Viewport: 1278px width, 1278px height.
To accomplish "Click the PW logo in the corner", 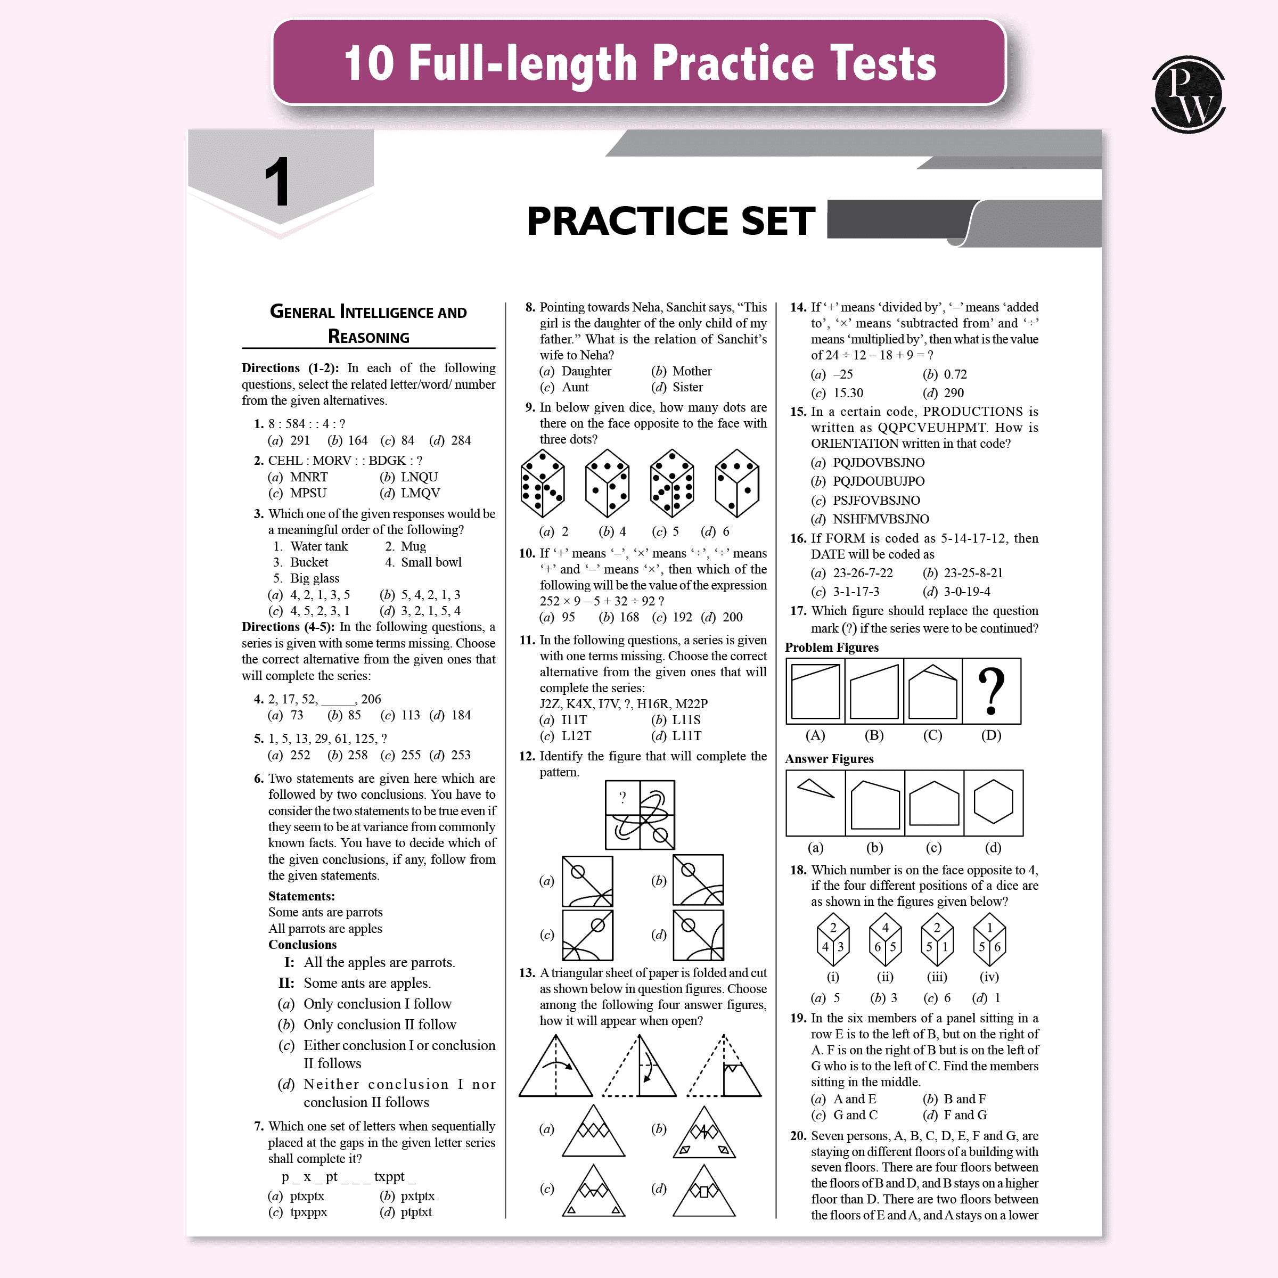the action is [1188, 95].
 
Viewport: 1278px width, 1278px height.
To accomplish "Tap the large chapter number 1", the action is [277, 182].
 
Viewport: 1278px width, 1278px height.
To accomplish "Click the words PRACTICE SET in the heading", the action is [671, 220].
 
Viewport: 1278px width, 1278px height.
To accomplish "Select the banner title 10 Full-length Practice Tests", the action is [640, 63].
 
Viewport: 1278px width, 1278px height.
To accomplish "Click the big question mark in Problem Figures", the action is [991, 691].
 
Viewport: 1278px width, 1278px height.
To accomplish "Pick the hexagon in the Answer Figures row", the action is [993, 802].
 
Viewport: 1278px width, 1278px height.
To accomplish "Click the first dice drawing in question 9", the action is [543, 483].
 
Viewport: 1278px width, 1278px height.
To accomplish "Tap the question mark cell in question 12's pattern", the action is [622, 798].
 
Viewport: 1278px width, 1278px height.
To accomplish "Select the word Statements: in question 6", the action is [301, 896].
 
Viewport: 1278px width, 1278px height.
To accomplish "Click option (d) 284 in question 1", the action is [450, 440].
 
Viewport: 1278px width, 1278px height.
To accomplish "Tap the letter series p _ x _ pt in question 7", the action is [309, 1177].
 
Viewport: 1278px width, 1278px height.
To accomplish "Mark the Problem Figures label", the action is [831, 647].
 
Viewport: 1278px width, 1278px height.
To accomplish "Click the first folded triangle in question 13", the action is [555, 1066].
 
